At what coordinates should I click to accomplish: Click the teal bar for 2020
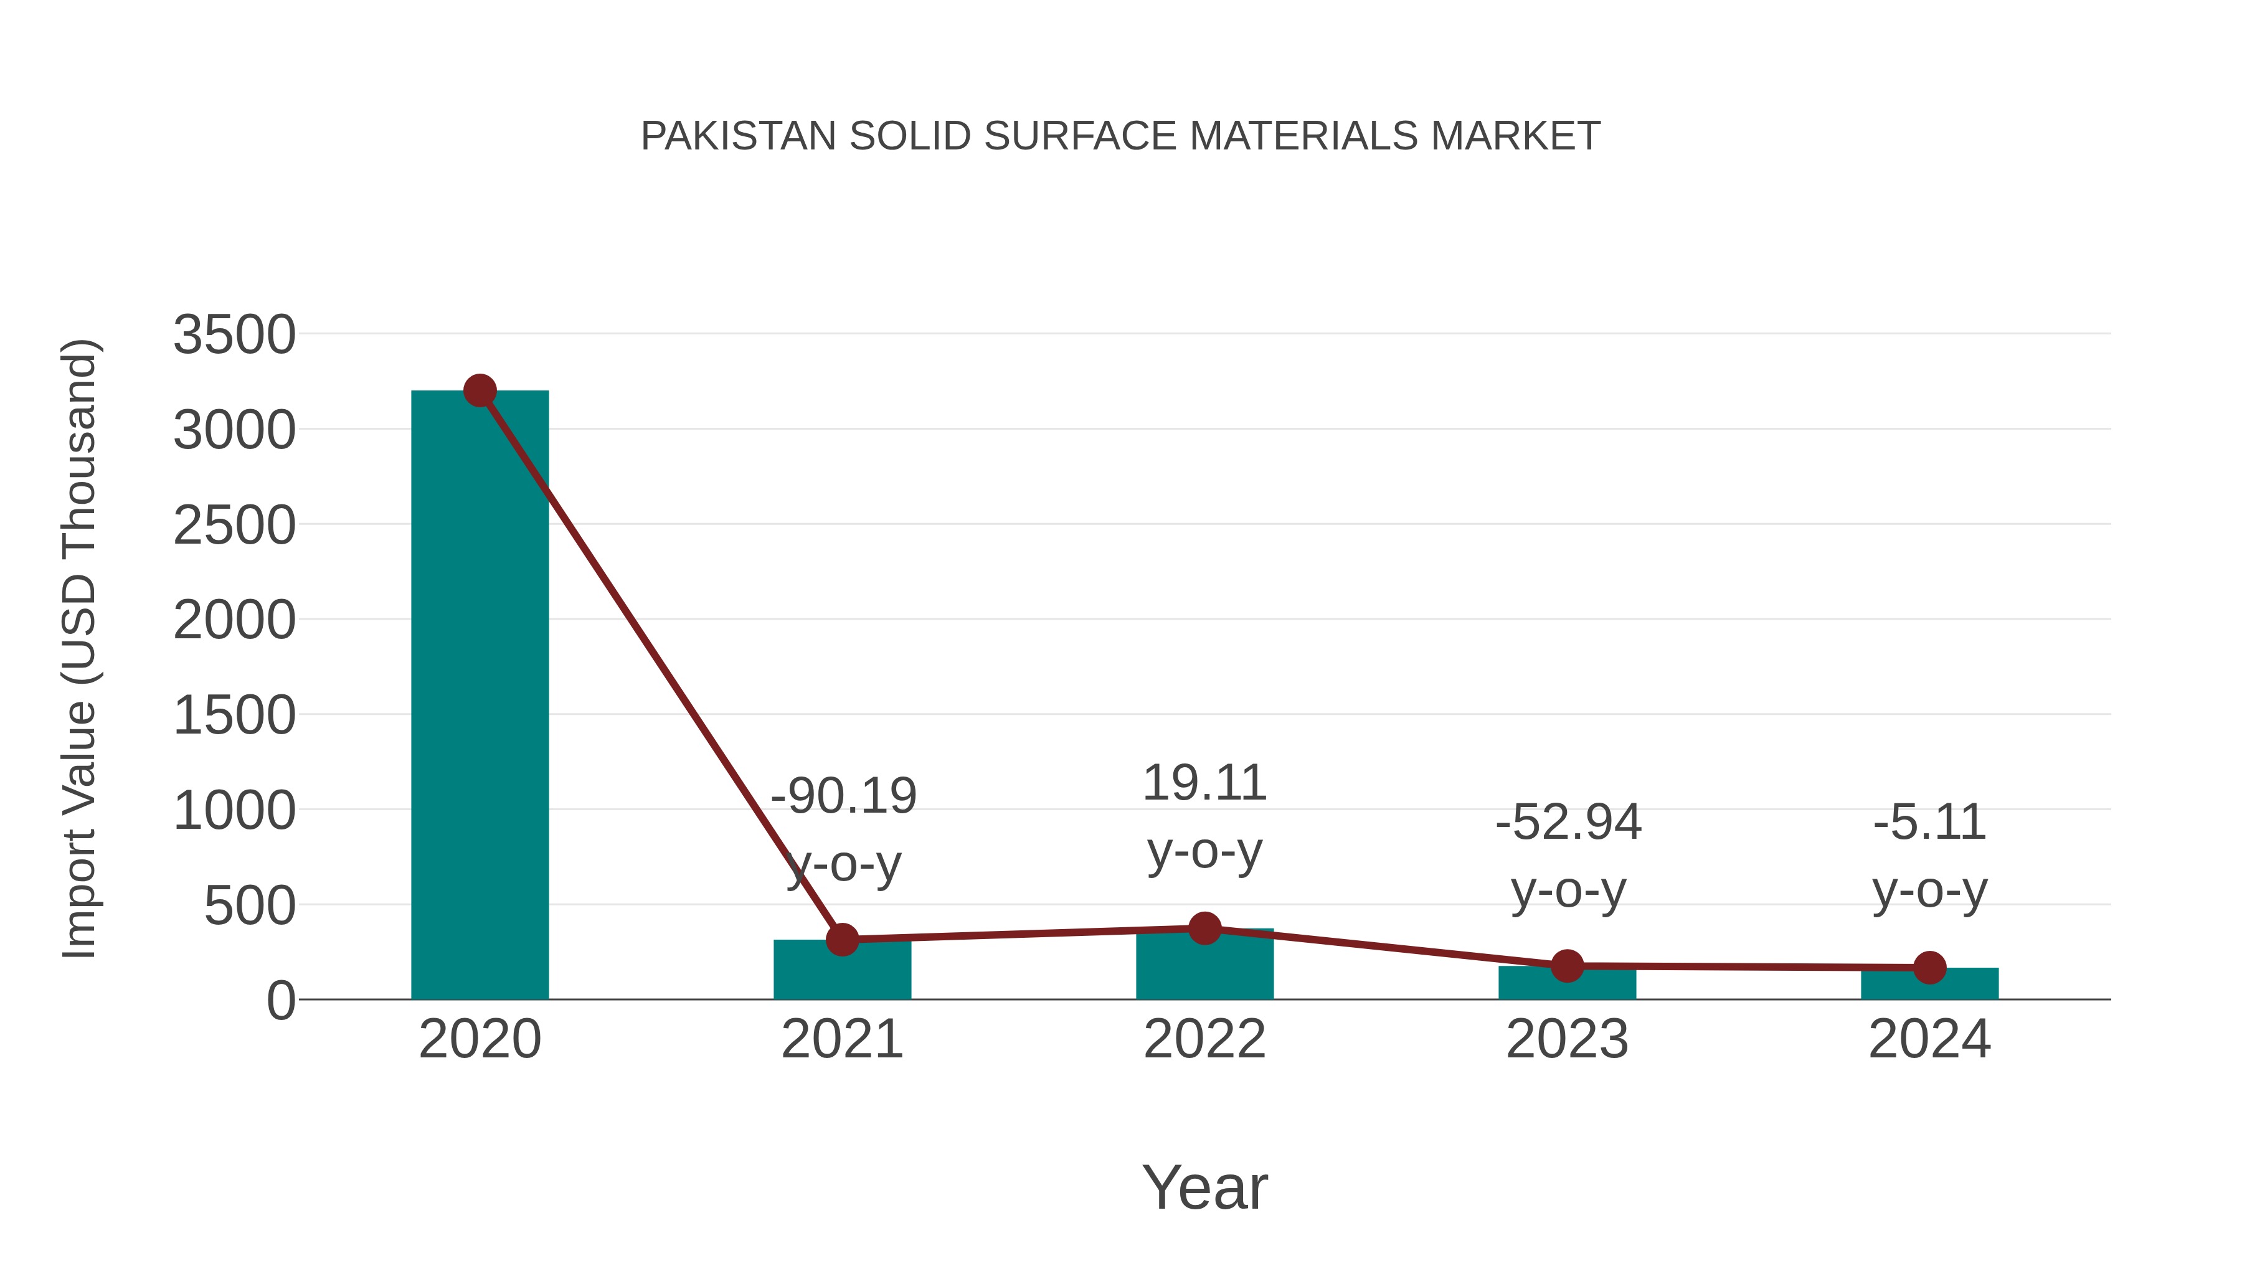point(480,696)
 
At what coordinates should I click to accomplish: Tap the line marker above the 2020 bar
point(480,390)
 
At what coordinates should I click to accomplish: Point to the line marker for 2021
point(841,940)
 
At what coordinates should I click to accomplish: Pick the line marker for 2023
point(1567,966)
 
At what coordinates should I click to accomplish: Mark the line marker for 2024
point(1929,968)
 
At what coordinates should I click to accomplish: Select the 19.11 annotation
point(1204,783)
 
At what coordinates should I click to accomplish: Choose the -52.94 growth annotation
point(1568,823)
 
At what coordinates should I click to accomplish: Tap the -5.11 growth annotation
point(1929,823)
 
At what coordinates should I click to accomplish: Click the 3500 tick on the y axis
point(234,335)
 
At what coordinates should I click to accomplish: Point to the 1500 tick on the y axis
point(234,716)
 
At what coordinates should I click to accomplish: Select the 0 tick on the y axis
point(280,1001)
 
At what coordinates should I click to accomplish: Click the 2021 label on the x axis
point(841,1039)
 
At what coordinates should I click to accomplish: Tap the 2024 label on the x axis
point(1929,1039)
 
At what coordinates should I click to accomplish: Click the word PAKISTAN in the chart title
point(738,136)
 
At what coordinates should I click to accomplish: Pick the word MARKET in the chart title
point(1515,136)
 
